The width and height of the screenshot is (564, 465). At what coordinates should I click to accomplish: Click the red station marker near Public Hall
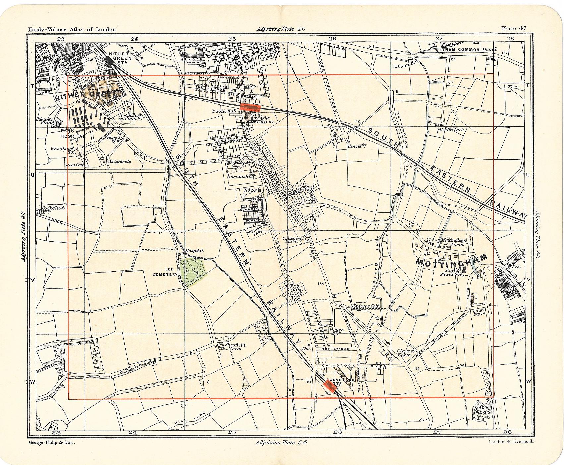251,107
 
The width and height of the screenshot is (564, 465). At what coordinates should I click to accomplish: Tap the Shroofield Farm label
235,347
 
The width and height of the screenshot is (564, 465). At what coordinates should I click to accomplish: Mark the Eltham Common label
457,49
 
